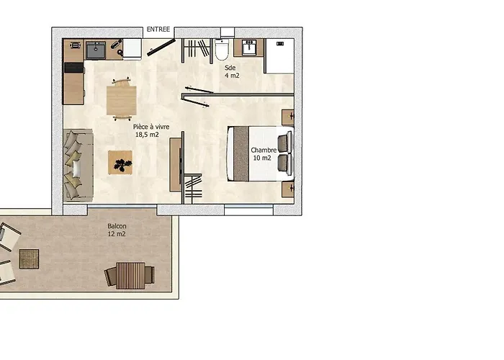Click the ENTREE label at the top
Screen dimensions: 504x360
click(x=158, y=30)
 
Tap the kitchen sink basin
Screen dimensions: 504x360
click(x=96, y=50)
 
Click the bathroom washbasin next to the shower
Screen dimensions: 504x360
click(x=249, y=48)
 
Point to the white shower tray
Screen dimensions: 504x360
click(x=279, y=56)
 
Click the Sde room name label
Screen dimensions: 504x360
click(x=230, y=68)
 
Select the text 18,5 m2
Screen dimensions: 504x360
click(x=147, y=135)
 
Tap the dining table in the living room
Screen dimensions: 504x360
click(x=122, y=100)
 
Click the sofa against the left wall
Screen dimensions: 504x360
click(x=78, y=165)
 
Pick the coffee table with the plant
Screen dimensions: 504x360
click(x=120, y=162)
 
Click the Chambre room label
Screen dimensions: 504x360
click(x=264, y=150)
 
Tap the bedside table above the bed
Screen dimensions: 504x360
click(x=288, y=117)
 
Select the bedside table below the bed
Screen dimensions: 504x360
click(x=288, y=189)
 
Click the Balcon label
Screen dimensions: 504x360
click(x=117, y=226)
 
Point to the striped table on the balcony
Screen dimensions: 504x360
click(x=130, y=276)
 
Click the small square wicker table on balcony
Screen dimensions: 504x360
click(x=29, y=259)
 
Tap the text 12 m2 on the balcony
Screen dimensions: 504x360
click(x=117, y=234)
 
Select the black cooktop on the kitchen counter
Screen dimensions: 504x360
click(x=74, y=68)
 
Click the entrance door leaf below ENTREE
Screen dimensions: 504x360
click(x=161, y=48)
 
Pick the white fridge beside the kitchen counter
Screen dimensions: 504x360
click(x=132, y=49)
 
